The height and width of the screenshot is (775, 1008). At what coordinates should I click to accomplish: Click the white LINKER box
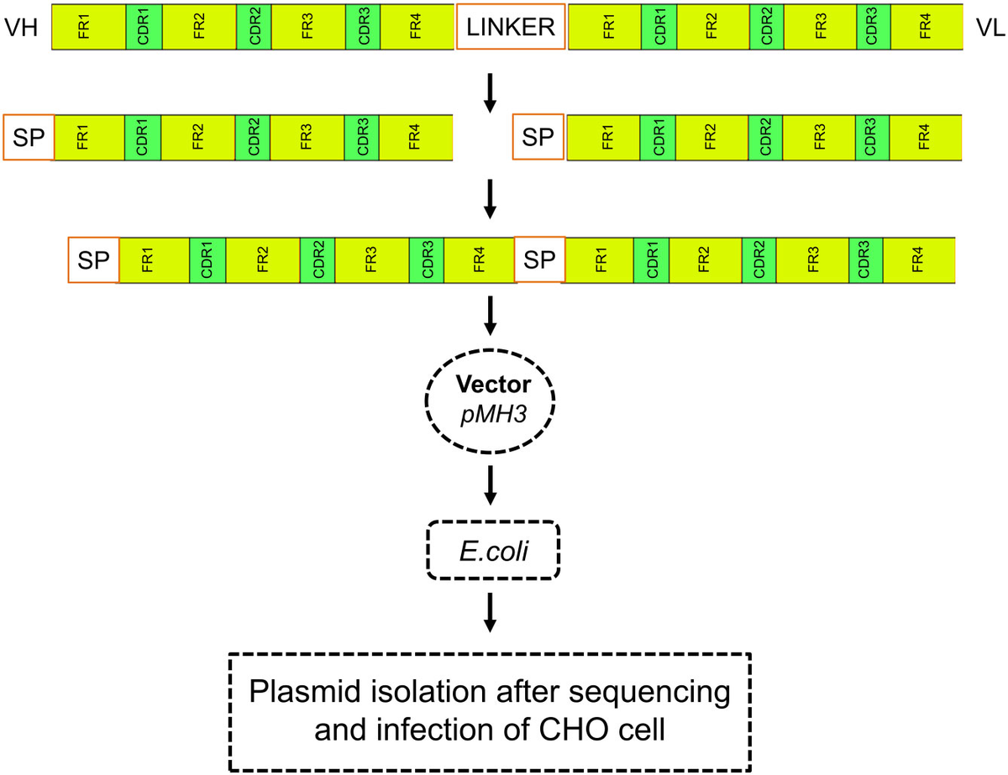click(511, 27)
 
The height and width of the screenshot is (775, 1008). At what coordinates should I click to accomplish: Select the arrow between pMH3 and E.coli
click(492, 482)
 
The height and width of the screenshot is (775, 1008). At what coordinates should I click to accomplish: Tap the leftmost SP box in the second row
click(29, 137)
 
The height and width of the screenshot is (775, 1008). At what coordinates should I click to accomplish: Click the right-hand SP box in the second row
click(538, 137)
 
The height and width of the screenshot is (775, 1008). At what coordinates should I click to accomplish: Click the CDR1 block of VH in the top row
click(142, 27)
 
